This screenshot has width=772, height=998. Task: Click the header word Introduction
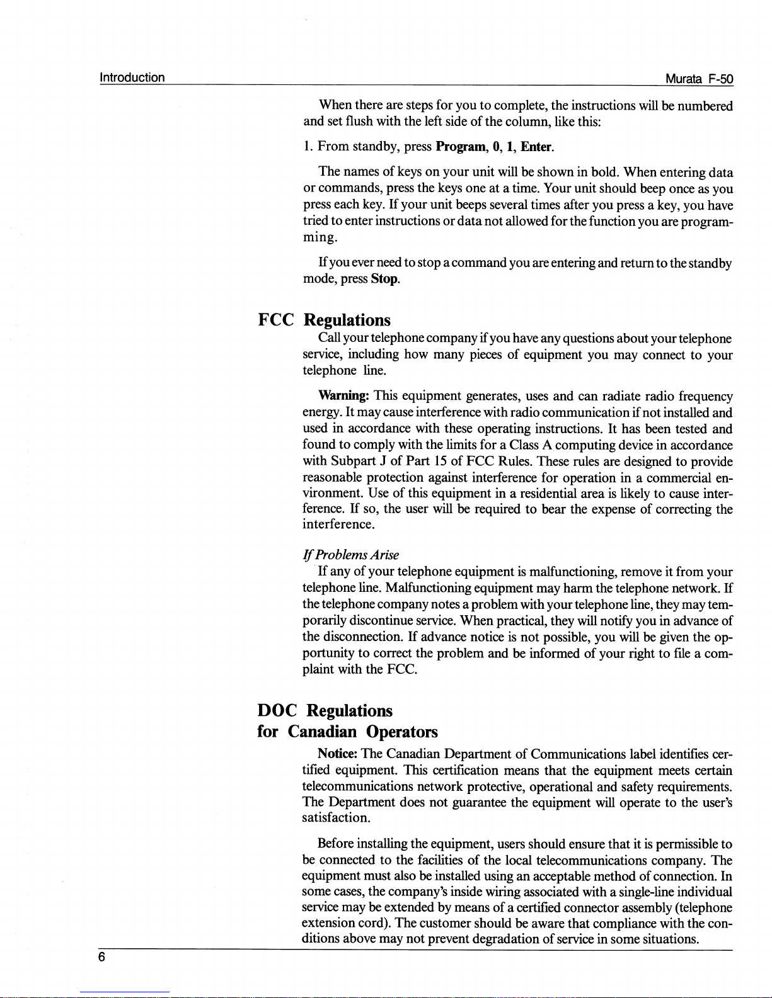click(x=132, y=77)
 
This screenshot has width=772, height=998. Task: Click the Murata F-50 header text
click(x=700, y=79)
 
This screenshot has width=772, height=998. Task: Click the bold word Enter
click(x=537, y=147)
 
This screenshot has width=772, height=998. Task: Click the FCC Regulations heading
click(x=325, y=320)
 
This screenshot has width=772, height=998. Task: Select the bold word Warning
click(x=343, y=396)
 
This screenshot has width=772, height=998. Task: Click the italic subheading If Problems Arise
click(x=351, y=555)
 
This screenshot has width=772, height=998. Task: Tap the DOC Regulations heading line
click(x=325, y=710)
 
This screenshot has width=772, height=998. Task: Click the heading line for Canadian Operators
click(x=347, y=732)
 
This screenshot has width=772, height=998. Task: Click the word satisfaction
click(x=335, y=818)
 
